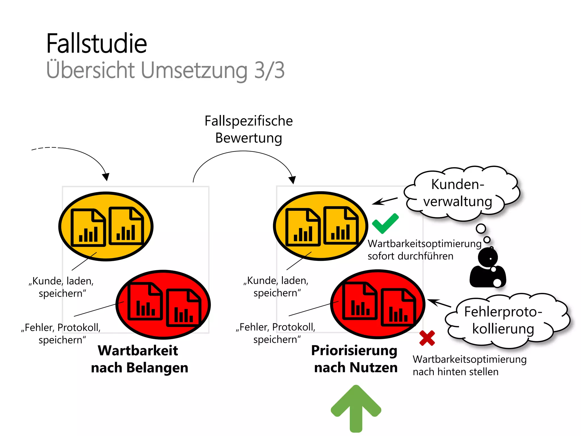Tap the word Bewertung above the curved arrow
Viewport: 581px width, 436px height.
(249, 138)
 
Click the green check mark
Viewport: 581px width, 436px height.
(385, 224)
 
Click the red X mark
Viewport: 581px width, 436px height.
(427, 338)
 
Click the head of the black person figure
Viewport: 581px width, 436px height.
(488, 257)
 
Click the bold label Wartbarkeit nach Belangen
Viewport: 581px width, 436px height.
(139, 359)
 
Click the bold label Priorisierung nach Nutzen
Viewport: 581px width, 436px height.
(355, 359)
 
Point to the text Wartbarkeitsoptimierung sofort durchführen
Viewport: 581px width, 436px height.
(424, 250)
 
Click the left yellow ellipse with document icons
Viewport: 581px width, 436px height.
(106, 226)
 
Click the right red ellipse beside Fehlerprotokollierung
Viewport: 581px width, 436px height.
(378, 304)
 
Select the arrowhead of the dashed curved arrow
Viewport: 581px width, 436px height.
(106, 177)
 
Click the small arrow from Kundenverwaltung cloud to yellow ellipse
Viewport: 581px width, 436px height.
(384, 201)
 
